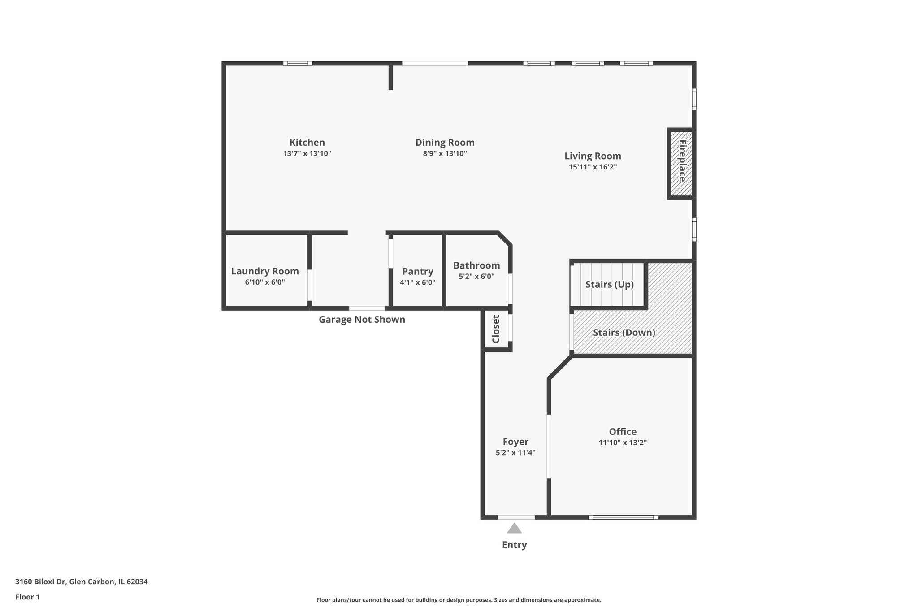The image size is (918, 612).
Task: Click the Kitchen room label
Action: [307, 143]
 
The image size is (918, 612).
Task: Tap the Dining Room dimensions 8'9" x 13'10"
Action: [445, 154]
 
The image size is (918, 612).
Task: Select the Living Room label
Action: [593, 156]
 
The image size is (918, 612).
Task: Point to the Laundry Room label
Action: [265, 271]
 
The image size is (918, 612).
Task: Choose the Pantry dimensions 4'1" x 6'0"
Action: [417, 282]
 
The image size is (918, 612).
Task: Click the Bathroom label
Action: [476, 265]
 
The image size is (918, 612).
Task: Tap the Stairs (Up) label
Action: [609, 285]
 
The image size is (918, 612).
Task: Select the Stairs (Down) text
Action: [624, 333]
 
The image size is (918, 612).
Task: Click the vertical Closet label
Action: [496, 329]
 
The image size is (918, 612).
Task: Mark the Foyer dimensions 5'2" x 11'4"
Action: [515, 453]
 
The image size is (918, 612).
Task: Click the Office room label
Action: [623, 432]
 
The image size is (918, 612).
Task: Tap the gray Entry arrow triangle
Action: [515, 529]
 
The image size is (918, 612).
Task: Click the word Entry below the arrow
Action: [514, 545]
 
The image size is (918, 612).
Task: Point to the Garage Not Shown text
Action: [362, 320]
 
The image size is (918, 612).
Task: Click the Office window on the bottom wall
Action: [623, 517]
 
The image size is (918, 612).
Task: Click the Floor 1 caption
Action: [27, 597]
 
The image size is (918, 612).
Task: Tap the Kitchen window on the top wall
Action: [298, 63]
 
